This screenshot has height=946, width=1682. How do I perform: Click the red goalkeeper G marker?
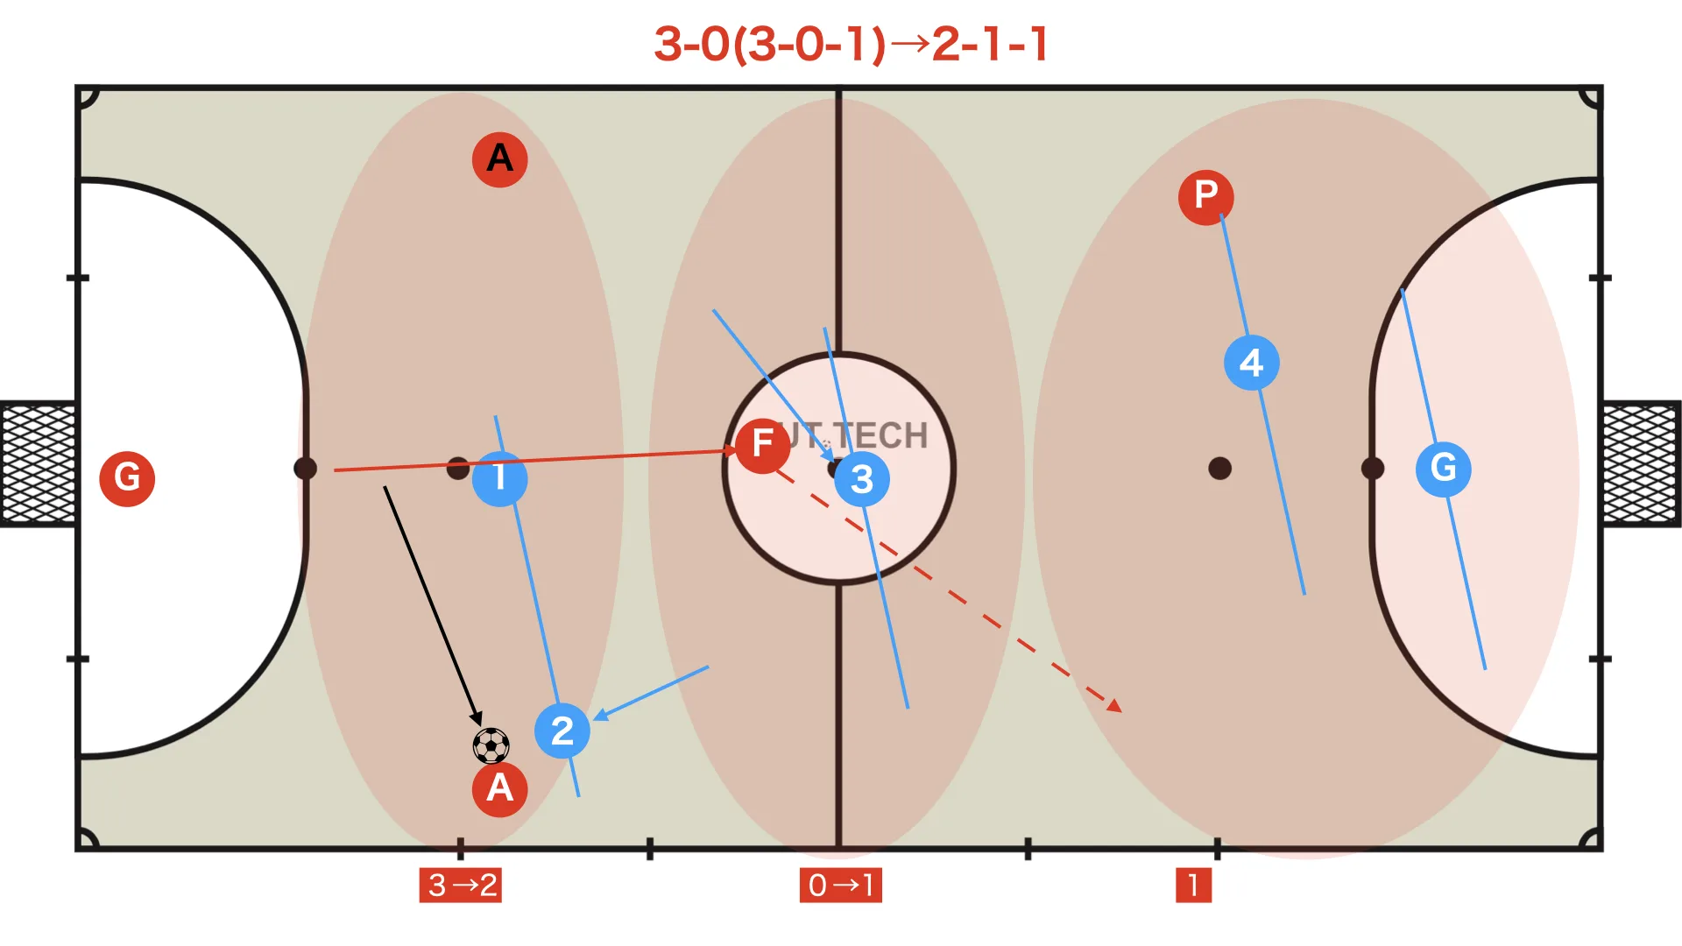pyautogui.click(x=127, y=478)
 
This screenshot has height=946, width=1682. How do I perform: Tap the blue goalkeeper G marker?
pyautogui.click(x=1443, y=469)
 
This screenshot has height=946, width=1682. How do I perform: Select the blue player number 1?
pyautogui.click(x=499, y=478)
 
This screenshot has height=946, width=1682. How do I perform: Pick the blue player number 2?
pyautogui.click(x=562, y=731)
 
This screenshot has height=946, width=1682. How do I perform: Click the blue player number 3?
pyautogui.click(x=862, y=479)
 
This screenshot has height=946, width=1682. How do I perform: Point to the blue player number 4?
pyautogui.click(x=1251, y=363)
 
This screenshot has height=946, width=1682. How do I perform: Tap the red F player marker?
pyautogui.click(x=762, y=445)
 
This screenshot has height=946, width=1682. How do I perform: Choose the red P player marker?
pyautogui.click(x=1205, y=196)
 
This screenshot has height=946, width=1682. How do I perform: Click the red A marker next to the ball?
pyautogui.click(x=499, y=788)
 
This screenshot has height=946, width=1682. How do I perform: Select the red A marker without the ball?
pyautogui.click(x=499, y=159)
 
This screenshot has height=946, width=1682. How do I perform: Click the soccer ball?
pyautogui.click(x=491, y=745)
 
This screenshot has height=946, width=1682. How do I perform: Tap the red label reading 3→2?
pyautogui.click(x=461, y=885)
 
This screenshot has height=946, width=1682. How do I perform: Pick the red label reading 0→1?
pyautogui.click(x=840, y=885)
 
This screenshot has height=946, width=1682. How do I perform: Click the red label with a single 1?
pyautogui.click(x=1193, y=885)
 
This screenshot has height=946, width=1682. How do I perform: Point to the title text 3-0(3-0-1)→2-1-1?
pyautogui.click(x=851, y=44)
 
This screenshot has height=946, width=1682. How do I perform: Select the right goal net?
pyautogui.click(x=1642, y=463)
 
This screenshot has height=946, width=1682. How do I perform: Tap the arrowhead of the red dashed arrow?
pyautogui.click(x=1115, y=706)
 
